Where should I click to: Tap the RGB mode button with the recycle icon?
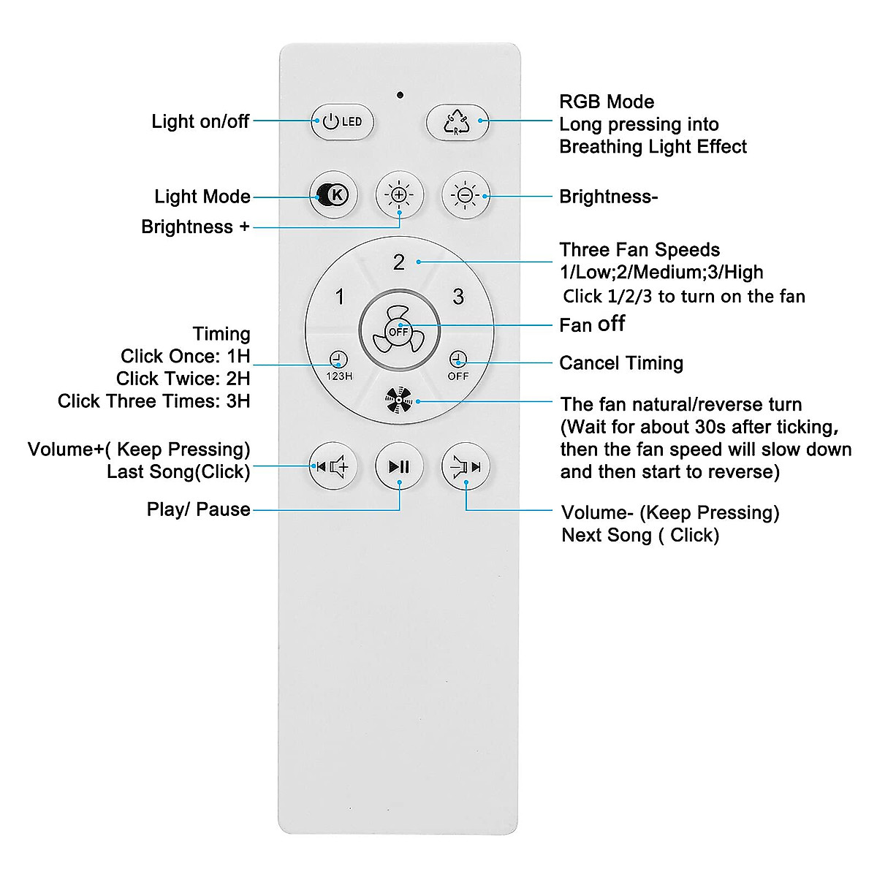click(458, 122)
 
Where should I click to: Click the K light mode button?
click(333, 195)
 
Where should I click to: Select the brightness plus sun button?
click(399, 195)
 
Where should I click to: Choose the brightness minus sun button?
click(466, 195)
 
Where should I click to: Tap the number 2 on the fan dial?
click(399, 262)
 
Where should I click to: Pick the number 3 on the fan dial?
click(458, 297)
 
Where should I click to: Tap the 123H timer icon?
click(339, 365)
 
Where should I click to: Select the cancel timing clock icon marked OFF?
click(458, 365)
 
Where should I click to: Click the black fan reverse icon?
click(399, 400)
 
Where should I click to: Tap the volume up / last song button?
click(333, 466)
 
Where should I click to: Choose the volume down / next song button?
click(466, 466)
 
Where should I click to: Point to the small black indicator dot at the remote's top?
click(400, 95)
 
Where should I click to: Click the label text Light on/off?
click(200, 121)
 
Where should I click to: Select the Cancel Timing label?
click(621, 363)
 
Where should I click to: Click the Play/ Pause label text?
click(199, 509)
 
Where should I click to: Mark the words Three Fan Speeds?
click(639, 250)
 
